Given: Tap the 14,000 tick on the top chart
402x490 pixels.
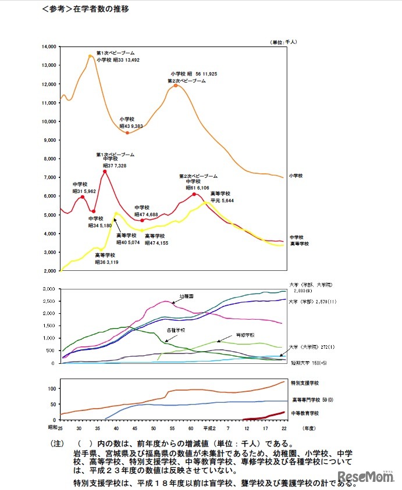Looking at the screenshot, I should (x=49, y=47).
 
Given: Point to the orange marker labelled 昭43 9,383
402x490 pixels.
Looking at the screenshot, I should (x=127, y=133).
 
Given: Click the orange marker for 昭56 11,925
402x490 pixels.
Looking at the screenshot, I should (x=176, y=85).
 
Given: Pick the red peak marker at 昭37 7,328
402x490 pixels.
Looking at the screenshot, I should (x=105, y=171).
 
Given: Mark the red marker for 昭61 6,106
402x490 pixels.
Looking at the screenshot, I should (x=194, y=194).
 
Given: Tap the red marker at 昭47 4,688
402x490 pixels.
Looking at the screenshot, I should (x=142, y=220).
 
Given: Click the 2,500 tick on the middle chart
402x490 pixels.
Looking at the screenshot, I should (x=49, y=301).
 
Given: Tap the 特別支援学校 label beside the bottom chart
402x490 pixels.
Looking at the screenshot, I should (x=306, y=383).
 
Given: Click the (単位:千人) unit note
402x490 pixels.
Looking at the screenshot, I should (x=283, y=42).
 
